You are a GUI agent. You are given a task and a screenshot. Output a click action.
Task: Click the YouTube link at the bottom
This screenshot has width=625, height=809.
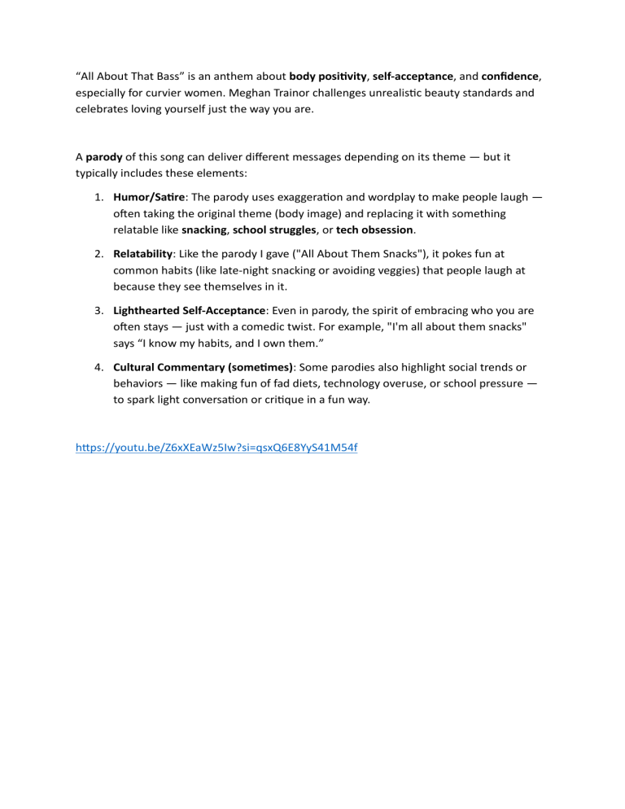[216, 448]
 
